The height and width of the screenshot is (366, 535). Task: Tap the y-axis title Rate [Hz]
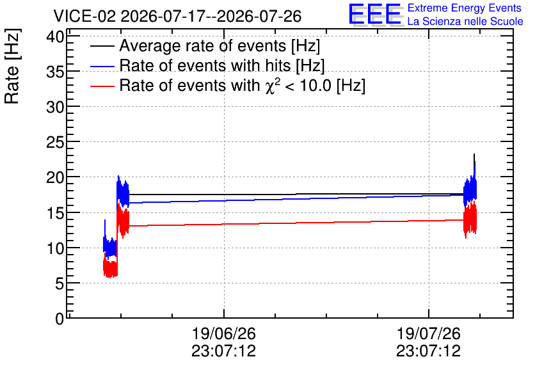click(12, 66)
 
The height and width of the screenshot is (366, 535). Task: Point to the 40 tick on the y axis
click(55, 36)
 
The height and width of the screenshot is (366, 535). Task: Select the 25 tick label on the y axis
click(55, 142)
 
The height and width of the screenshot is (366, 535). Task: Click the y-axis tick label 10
click(55, 248)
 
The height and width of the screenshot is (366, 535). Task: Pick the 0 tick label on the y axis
click(60, 319)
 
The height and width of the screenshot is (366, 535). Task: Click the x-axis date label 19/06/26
click(224, 333)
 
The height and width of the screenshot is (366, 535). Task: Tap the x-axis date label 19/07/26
click(429, 333)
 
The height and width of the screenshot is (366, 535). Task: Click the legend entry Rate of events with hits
click(222, 65)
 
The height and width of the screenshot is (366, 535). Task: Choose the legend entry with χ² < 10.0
click(243, 85)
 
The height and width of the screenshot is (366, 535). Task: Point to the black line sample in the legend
click(102, 46)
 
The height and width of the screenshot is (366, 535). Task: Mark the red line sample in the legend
click(102, 86)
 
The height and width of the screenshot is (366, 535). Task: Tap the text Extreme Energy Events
click(465, 8)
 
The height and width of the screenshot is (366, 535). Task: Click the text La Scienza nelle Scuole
click(465, 21)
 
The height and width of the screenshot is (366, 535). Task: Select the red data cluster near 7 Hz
click(110, 268)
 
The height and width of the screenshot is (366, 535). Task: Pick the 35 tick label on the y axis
click(55, 71)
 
